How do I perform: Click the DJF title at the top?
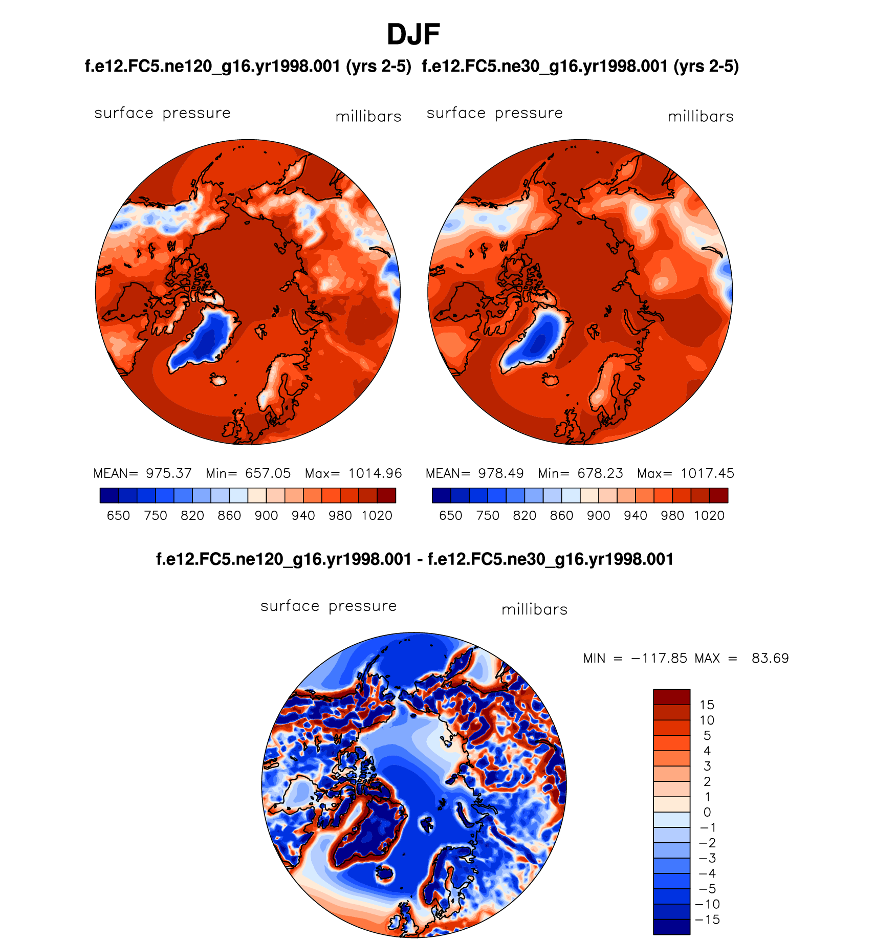pyautogui.click(x=413, y=35)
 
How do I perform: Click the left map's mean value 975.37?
pyautogui.click(x=168, y=473)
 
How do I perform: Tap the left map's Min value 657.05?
pyautogui.click(x=268, y=473)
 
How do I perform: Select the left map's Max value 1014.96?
pyautogui.click(x=375, y=473)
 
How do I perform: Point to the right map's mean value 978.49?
pyautogui.click(x=500, y=473)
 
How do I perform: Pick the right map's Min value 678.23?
pyautogui.click(x=600, y=473)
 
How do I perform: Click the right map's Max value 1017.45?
pyautogui.click(x=707, y=473)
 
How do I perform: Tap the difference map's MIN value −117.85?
pyautogui.click(x=659, y=658)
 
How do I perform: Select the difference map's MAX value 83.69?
pyautogui.click(x=770, y=658)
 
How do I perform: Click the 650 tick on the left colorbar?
pyautogui.click(x=118, y=515)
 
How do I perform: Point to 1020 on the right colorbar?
pyautogui.click(x=709, y=515)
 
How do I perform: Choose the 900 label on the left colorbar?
pyautogui.click(x=266, y=515)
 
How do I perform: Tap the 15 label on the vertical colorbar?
pyautogui.click(x=707, y=705)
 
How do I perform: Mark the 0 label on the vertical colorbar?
pyautogui.click(x=707, y=812)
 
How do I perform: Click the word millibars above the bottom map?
pyautogui.click(x=534, y=609)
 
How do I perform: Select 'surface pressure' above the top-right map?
pyautogui.click(x=494, y=113)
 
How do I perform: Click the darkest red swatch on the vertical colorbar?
pyautogui.click(x=671, y=697)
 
